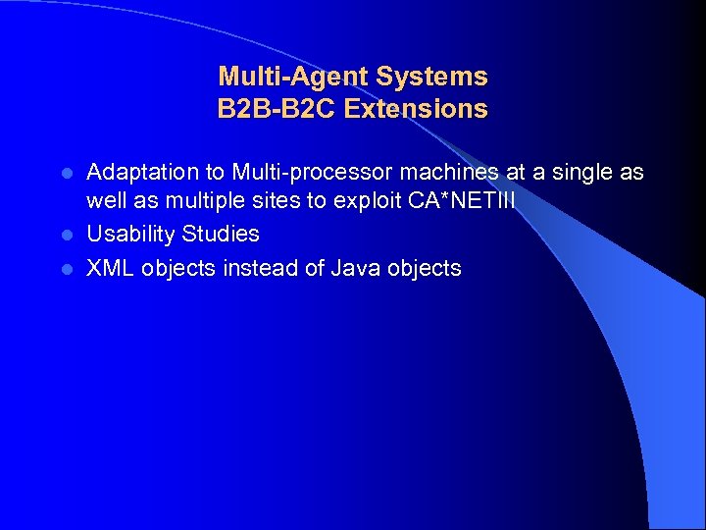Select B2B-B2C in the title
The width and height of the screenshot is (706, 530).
(x=274, y=109)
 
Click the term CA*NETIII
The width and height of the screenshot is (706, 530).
(x=467, y=203)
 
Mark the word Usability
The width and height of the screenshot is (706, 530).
(x=131, y=235)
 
